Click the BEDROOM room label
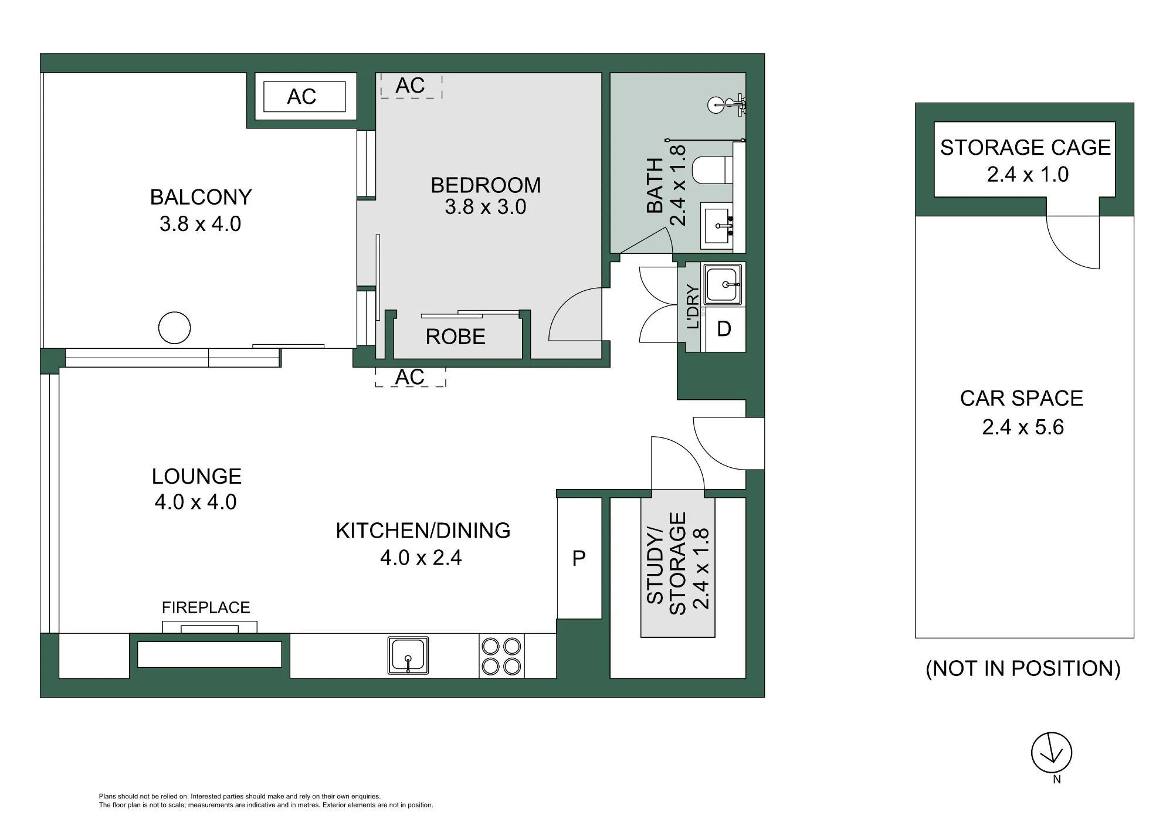[486, 185]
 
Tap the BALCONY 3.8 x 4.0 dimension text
[201, 224]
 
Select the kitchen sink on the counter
[408, 655]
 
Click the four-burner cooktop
[501, 656]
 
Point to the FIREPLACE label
[206, 607]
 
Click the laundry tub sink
[723, 284]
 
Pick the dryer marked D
[724, 329]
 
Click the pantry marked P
[579, 558]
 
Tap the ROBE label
[456, 337]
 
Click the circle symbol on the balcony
[175, 327]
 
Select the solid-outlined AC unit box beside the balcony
[304, 97]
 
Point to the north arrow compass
[1052, 753]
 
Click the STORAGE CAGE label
[1025, 147]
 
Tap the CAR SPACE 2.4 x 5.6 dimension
[1023, 427]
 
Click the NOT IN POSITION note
[1023, 668]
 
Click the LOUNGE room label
[196, 476]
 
